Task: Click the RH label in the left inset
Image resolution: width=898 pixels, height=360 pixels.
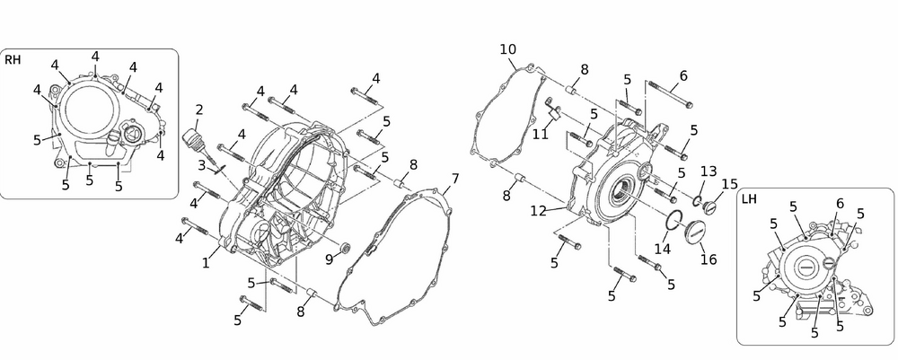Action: click(x=13, y=60)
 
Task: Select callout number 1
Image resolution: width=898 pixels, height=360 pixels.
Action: click(x=206, y=263)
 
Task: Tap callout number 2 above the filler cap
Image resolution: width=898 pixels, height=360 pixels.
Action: click(x=198, y=110)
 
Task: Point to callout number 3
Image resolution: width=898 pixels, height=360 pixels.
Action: click(x=202, y=164)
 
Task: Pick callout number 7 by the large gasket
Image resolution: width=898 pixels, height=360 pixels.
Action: click(x=455, y=179)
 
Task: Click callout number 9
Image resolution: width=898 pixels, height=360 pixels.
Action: click(x=330, y=259)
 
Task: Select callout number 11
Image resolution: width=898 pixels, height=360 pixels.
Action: click(x=540, y=134)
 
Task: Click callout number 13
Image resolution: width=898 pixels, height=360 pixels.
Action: click(x=708, y=171)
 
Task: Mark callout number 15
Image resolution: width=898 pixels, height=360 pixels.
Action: click(x=729, y=184)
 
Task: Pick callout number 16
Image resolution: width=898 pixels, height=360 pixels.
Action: click(x=708, y=259)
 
